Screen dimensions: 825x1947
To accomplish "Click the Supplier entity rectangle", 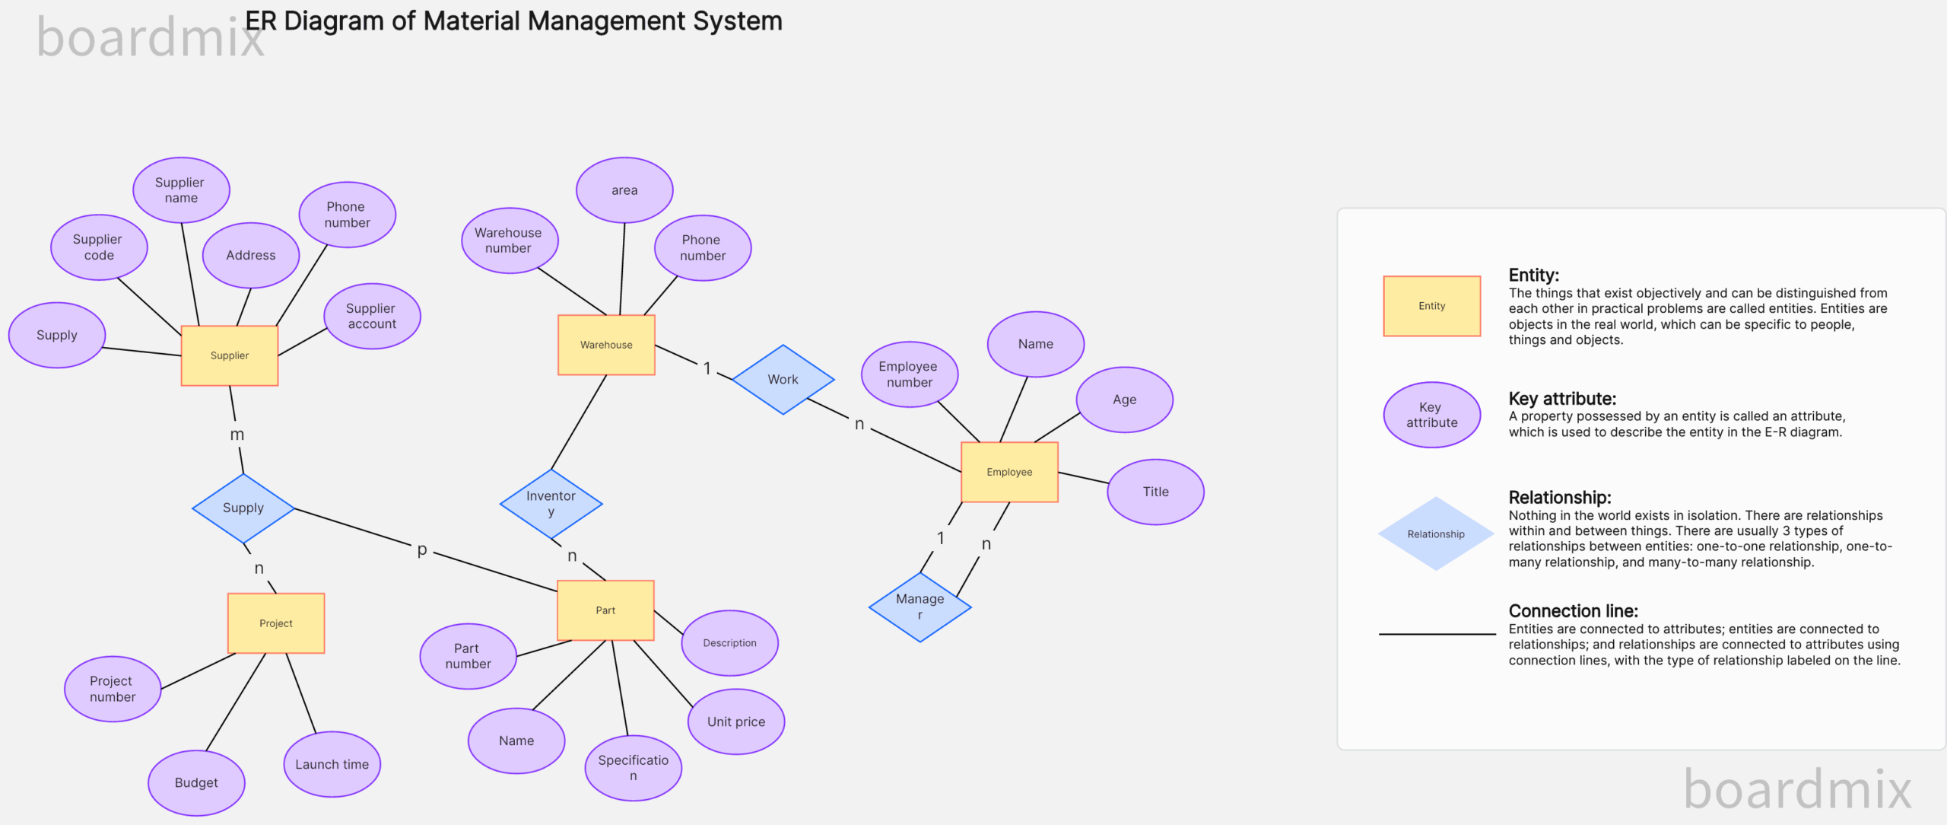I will pyautogui.click(x=230, y=355).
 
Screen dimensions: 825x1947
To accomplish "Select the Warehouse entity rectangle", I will pyautogui.click(x=606, y=345).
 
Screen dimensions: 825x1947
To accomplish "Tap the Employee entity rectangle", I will pyautogui.click(x=1009, y=472).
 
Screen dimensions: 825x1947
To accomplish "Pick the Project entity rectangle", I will pyautogui.click(x=276, y=623).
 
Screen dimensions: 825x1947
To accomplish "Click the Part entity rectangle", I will pyautogui.click(x=605, y=610).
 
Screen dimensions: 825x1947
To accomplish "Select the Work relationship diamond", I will pyautogui.click(x=783, y=379).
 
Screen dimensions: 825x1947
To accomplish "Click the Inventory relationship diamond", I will pyautogui.click(x=551, y=503).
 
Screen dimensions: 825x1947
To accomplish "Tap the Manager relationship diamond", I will pyautogui.click(x=920, y=607).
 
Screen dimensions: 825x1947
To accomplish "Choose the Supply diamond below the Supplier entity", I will pyautogui.click(x=243, y=508).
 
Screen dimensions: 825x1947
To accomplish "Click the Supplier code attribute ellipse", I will pyautogui.click(x=99, y=247).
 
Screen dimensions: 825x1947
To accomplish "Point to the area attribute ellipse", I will pyautogui.click(x=624, y=190).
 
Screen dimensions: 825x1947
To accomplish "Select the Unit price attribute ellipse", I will pyautogui.click(x=736, y=721).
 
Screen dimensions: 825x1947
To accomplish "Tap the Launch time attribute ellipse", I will pyautogui.click(x=332, y=764).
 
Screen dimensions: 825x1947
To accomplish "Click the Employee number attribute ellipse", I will pyautogui.click(x=909, y=374).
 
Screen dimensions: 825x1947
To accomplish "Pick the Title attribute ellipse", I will pyautogui.click(x=1155, y=492).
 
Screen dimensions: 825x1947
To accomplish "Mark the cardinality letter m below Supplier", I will pyautogui.click(x=237, y=435).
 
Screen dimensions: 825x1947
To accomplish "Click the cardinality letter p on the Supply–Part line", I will pyautogui.click(x=422, y=549).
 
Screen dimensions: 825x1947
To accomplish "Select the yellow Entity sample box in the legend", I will pyautogui.click(x=1431, y=306).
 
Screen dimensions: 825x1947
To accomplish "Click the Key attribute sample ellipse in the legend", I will pyautogui.click(x=1431, y=415).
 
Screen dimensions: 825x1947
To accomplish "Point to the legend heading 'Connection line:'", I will pyautogui.click(x=1573, y=611).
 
